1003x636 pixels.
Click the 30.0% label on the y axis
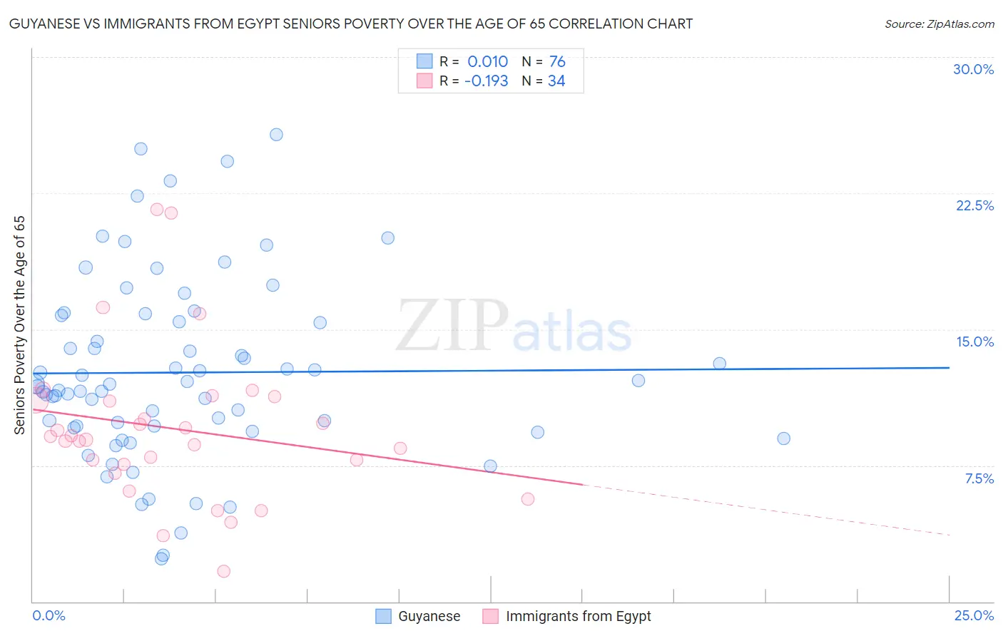click(973, 69)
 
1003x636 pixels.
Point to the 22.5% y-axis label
click(974, 205)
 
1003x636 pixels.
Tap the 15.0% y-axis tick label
click(974, 342)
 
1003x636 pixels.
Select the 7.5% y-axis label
click(979, 478)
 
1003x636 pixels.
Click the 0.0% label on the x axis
click(49, 615)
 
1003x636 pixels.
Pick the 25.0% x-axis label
click(974, 615)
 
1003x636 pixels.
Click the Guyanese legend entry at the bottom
click(429, 616)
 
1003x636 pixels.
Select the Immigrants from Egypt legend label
click(578, 616)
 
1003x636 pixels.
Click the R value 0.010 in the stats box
click(487, 62)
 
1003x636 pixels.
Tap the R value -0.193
click(486, 81)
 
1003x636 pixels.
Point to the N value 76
click(557, 62)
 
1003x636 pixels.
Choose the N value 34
click(556, 81)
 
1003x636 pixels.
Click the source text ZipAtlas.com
click(939, 24)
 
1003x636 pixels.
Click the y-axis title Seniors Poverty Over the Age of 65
click(20, 325)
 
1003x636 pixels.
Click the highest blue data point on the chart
click(276, 135)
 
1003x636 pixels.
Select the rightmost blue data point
click(783, 438)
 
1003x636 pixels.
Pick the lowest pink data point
click(223, 571)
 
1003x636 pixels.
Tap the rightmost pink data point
click(528, 499)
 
